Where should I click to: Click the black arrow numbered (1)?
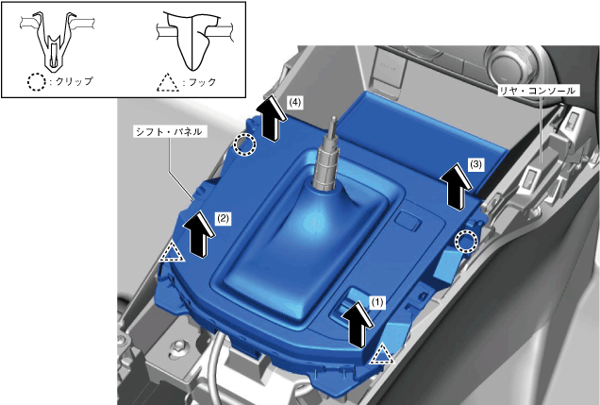tap(358, 325)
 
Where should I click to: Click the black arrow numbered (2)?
tap(200, 233)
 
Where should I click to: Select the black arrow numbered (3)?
tap(456, 186)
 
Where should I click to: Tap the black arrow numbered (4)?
tap(272, 118)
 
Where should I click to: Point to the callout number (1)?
tap(377, 302)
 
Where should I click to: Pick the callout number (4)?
tap(295, 102)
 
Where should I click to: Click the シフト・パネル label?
tap(170, 131)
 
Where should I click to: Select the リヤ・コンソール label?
tap(538, 91)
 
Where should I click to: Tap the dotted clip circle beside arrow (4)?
tap(244, 145)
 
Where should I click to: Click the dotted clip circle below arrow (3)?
tap(466, 242)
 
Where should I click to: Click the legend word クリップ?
tap(74, 81)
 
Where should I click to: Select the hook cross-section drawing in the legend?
tap(193, 41)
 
